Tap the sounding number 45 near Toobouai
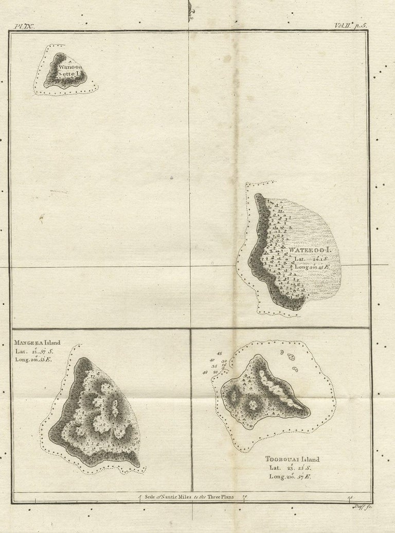pos(220,354)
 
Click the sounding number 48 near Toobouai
pos(205,372)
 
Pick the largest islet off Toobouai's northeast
pos(291,357)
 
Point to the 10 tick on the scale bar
pos(244,497)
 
